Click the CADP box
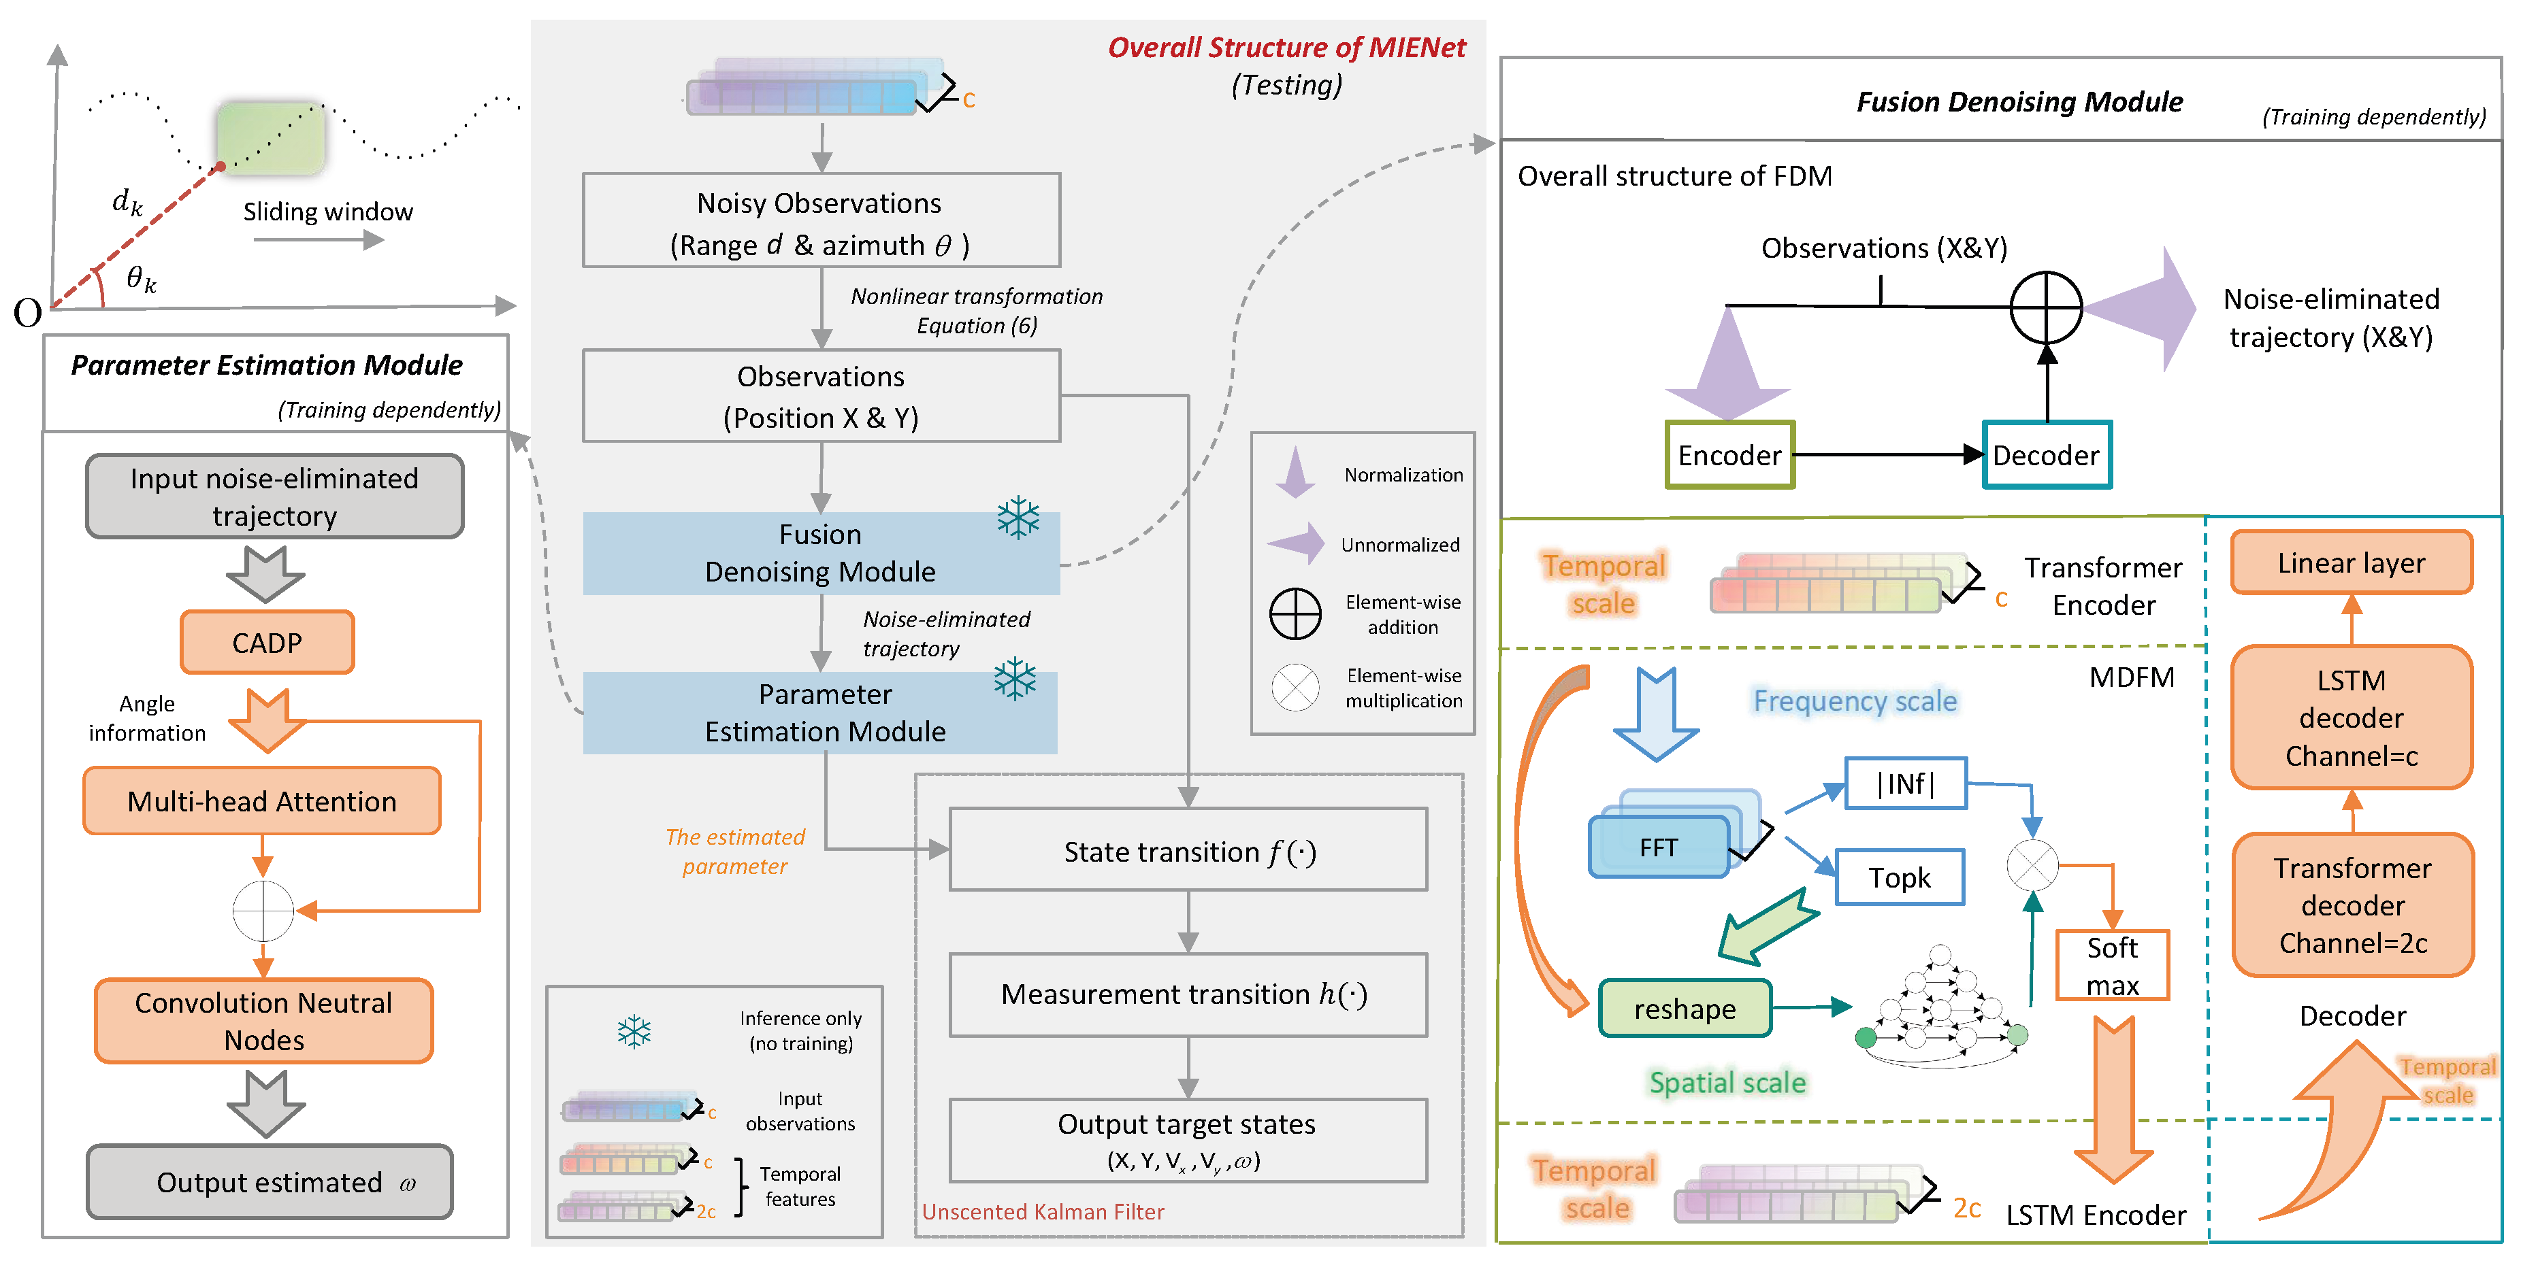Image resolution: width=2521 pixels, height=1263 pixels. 266,643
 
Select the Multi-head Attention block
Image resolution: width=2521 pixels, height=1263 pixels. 261,801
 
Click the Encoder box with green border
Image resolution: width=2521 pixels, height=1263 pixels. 1729,455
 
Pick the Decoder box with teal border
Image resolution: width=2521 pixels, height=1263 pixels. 2047,455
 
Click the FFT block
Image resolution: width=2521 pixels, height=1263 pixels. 1659,847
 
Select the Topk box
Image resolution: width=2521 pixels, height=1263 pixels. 1899,877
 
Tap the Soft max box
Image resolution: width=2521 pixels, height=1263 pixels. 2112,966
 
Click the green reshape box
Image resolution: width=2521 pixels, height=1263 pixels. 1685,1009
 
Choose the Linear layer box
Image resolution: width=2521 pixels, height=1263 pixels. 2351,564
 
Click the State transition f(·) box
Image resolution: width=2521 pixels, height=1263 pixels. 1188,850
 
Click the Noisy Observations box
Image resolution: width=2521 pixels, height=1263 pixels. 820,221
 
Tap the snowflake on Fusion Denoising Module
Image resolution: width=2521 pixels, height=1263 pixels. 1018,518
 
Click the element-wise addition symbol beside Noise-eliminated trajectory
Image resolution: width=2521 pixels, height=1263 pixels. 2045,307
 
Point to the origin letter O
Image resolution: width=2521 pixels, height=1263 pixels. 27,313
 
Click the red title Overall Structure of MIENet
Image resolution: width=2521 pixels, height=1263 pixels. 1286,48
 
